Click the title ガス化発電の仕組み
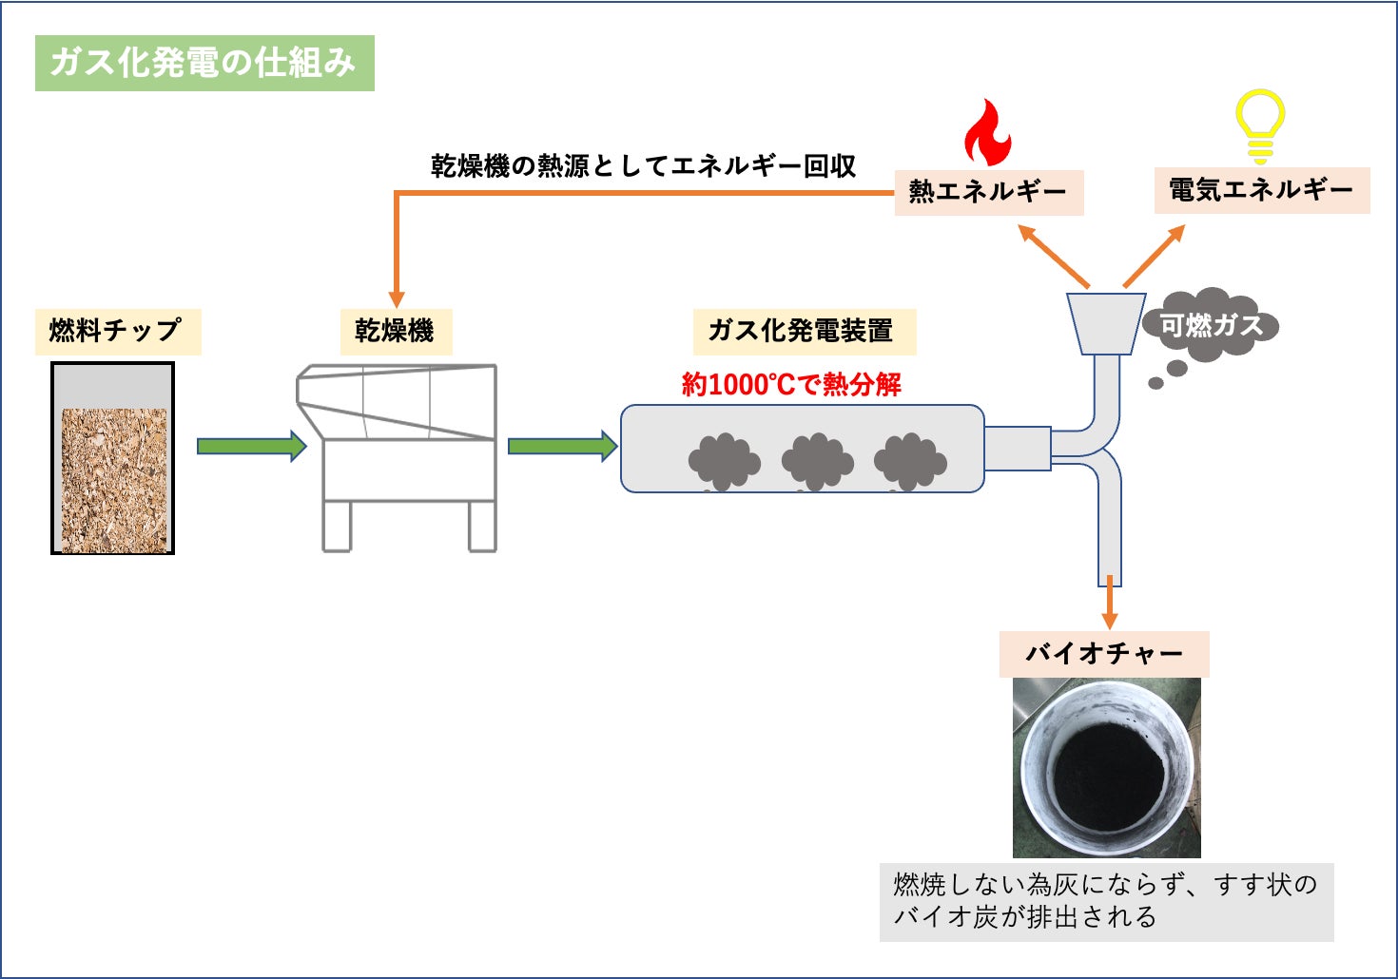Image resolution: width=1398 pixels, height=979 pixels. coord(204,63)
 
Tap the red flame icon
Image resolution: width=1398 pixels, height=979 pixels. coord(987,136)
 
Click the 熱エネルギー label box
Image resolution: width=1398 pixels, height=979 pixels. coord(988,192)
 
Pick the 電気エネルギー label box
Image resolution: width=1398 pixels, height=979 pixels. coord(1261,190)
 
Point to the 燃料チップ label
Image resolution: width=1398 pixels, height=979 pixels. coord(117,331)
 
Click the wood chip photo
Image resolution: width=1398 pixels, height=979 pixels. coord(113,479)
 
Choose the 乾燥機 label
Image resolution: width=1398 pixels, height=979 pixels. coord(395,331)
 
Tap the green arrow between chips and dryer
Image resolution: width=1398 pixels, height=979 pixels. coord(251,446)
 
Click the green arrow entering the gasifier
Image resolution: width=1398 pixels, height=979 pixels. coord(562,446)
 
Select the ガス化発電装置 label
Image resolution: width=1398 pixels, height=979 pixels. coord(802,331)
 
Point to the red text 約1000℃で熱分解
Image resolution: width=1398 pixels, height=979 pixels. coord(791,385)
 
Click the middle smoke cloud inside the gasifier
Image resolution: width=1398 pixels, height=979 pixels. coord(817,462)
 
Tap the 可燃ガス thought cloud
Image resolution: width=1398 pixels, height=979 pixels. coord(1211,326)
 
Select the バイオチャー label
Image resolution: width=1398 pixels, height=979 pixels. coord(1104,654)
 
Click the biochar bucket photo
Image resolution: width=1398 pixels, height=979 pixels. coord(1106,767)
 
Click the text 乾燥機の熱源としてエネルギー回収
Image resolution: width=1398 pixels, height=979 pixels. coord(643,166)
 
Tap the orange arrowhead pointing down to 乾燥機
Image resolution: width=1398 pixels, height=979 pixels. coord(397,298)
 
